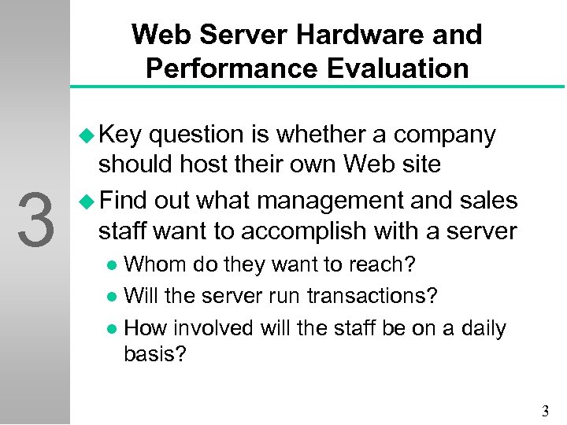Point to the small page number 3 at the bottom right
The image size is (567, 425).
546,411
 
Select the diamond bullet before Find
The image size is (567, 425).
87,201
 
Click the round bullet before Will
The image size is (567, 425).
115,297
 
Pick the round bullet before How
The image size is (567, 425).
115,327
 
